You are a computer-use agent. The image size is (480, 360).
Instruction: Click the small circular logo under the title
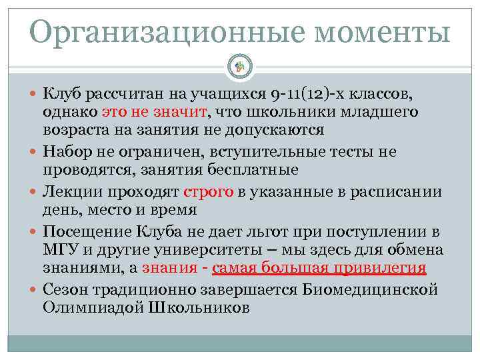pyautogui.click(x=239, y=66)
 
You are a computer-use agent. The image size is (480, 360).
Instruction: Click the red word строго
pyautogui.click(x=208, y=192)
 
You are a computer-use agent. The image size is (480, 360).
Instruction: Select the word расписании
pyautogui.click(x=402, y=192)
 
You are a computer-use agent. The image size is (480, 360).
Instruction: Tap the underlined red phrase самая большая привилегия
pyautogui.click(x=319, y=268)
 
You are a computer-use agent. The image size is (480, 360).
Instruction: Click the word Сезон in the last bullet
pyautogui.click(x=63, y=290)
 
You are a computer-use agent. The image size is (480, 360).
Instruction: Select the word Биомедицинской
pyautogui.click(x=380, y=290)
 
